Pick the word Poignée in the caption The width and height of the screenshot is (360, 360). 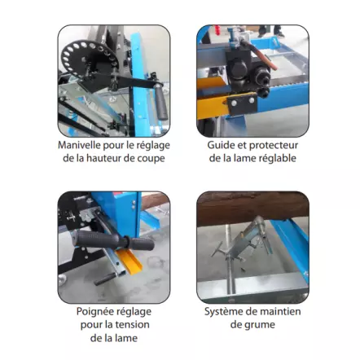(x=94, y=312)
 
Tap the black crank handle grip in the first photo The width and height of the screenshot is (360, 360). (x=160, y=102)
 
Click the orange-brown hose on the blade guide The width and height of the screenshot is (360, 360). (x=261, y=55)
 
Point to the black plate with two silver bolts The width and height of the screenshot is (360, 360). (x=242, y=103)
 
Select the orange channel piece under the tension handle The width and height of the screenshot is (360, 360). (x=130, y=261)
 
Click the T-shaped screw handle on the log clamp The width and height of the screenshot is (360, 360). (x=217, y=249)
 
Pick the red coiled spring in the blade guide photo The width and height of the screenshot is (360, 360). (x=217, y=29)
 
